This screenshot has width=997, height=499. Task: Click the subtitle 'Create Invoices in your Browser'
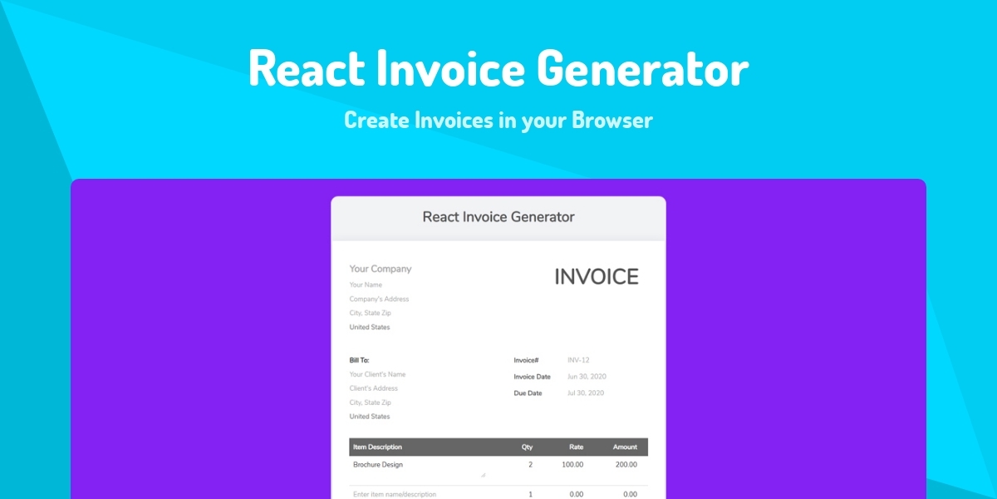point(498,121)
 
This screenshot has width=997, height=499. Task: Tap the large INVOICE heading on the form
point(597,277)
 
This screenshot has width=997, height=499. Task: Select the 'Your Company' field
point(381,269)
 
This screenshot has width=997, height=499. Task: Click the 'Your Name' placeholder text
point(366,284)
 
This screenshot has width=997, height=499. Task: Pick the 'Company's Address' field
point(379,299)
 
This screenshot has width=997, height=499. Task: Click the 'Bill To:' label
point(359,360)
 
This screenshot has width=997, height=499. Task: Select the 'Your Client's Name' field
point(377,374)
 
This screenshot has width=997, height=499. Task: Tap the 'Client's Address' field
point(373,388)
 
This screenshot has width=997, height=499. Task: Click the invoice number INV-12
point(578,360)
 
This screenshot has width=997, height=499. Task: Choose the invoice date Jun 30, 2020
point(587,377)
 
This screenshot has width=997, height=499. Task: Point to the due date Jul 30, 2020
point(586,393)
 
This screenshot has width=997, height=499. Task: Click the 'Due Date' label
point(528,393)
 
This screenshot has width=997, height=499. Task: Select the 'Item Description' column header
point(377,447)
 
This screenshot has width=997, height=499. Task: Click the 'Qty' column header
point(527,447)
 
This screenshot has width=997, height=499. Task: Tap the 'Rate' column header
point(576,447)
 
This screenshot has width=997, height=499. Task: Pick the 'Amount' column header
point(625,447)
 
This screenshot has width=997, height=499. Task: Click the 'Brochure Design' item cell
point(378,464)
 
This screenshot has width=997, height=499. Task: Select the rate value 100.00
point(572,464)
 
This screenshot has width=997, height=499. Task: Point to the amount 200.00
point(626,464)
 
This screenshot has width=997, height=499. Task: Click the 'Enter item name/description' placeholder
point(395,494)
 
